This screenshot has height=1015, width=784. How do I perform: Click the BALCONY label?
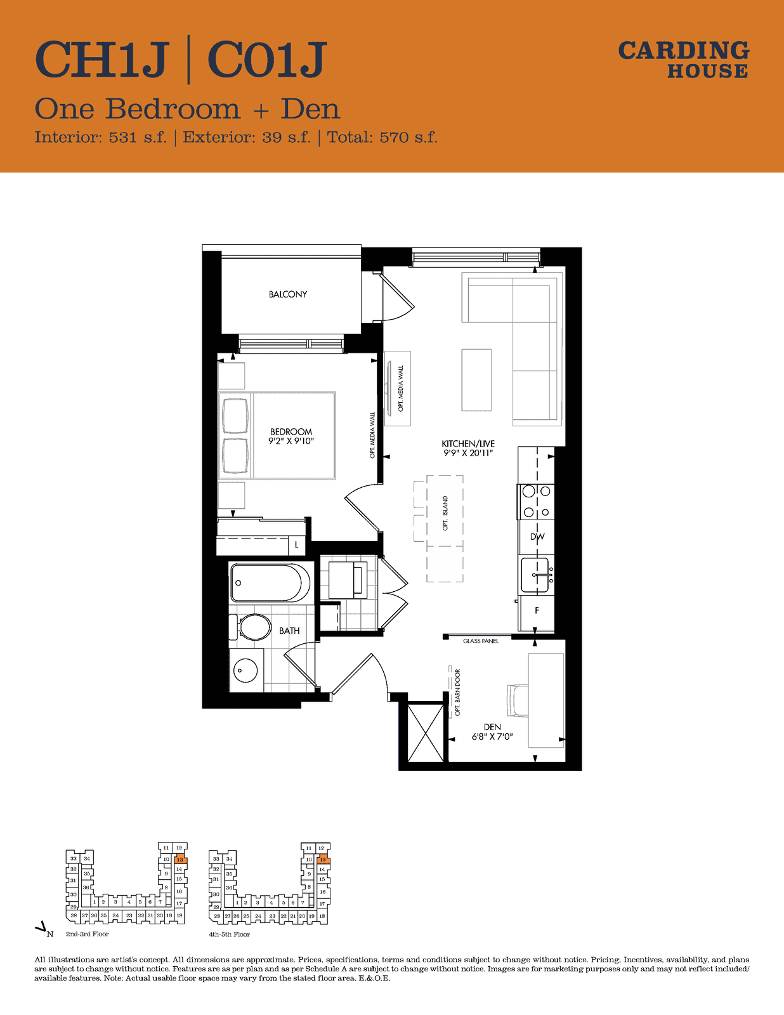tap(287, 294)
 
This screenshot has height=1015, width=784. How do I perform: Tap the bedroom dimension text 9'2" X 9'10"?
tap(291, 441)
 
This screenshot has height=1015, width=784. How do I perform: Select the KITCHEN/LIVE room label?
tap(468, 443)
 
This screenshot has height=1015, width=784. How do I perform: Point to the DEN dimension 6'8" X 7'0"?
tap(492, 737)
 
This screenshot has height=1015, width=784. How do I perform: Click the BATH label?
tap(289, 631)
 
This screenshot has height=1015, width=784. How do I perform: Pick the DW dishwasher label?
tap(537, 537)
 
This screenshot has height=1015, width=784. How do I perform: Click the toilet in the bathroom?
tap(250, 626)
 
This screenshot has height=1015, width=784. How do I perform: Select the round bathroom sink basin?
tap(245, 671)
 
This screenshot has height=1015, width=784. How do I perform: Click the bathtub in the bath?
tap(270, 582)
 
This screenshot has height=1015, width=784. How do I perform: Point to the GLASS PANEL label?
tap(481, 641)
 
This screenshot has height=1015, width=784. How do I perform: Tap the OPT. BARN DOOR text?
tap(457, 692)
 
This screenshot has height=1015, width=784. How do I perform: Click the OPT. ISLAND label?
tap(445, 513)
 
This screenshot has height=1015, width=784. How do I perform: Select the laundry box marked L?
tap(296, 545)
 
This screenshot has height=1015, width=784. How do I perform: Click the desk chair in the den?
tap(518, 700)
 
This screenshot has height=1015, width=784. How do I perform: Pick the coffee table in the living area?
tap(476, 380)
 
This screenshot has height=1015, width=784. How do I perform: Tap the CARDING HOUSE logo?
tap(684, 60)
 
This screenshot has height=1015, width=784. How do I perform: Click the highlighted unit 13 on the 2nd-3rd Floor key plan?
tap(180, 860)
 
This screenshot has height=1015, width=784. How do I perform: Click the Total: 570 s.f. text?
tap(382, 137)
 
